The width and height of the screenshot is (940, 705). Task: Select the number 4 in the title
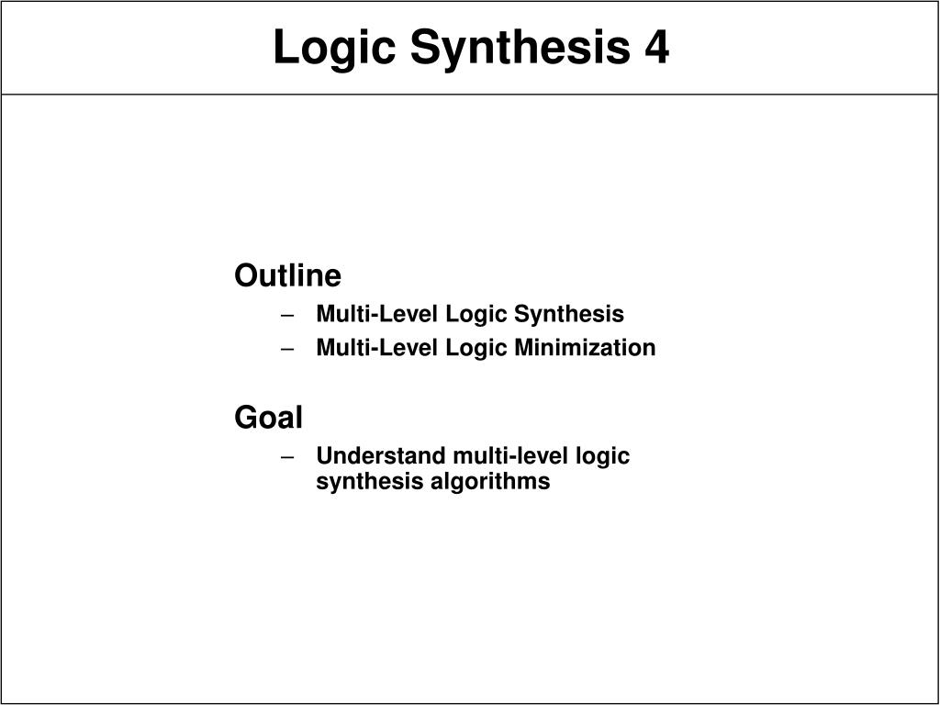pyautogui.click(x=657, y=47)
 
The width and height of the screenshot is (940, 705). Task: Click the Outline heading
pyautogui.click(x=287, y=275)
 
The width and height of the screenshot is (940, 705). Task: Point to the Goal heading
pyautogui.click(x=269, y=418)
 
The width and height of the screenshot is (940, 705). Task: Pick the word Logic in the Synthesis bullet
pyautogui.click(x=476, y=315)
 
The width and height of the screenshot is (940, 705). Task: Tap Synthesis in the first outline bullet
pyautogui.click(x=569, y=315)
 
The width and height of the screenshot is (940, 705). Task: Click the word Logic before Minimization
pyautogui.click(x=476, y=349)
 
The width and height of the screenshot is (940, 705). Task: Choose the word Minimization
pyautogui.click(x=585, y=348)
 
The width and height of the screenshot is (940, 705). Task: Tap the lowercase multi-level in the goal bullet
pyautogui.click(x=510, y=455)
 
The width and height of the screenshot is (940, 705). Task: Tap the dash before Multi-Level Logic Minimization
pyautogui.click(x=287, y=349)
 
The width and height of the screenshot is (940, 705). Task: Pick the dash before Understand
pyautogui.click(x=287, y=457)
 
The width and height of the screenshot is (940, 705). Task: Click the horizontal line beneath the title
pyautogui.click(x=470, y=95)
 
